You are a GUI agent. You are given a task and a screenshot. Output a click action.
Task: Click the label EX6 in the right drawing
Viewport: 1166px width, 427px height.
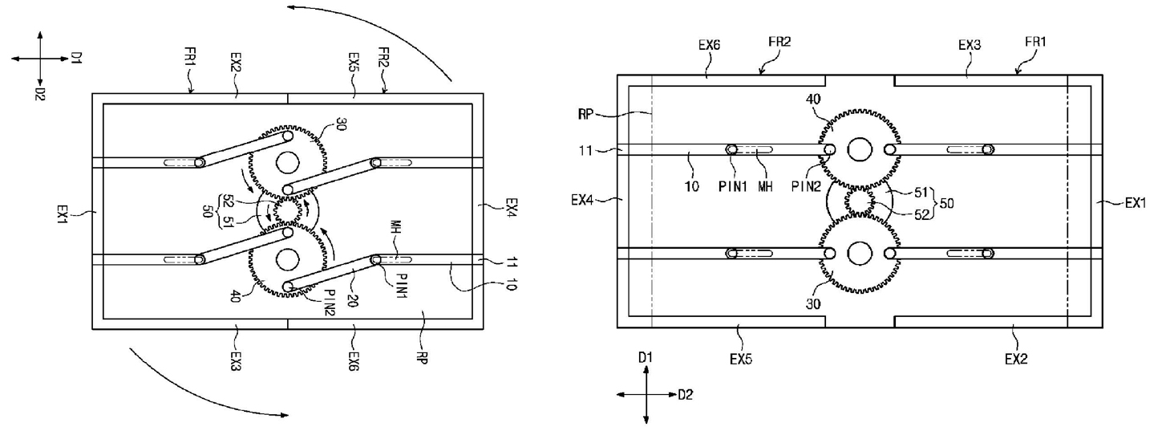[709, 45]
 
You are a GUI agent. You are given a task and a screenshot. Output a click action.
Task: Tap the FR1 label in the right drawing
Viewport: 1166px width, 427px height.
[1034, 42]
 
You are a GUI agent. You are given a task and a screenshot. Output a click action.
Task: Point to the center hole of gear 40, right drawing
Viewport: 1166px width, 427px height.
[860, 150]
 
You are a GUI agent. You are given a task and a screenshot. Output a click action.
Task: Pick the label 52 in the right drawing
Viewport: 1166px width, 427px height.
[921, 214]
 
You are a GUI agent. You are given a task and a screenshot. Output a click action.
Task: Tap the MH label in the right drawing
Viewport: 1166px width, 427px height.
[765, 186]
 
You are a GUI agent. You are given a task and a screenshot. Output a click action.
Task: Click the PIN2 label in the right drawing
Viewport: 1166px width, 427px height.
[806, 186]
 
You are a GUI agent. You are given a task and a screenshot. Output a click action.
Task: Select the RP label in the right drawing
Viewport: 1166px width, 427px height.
[585, 114]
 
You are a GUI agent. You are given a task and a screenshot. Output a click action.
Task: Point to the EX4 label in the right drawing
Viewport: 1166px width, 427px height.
[582, 199]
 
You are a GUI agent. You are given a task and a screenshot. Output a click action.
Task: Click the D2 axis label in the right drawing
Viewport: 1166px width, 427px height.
[685, 395]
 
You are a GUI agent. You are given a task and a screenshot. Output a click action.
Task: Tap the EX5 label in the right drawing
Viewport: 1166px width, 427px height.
[741, 359]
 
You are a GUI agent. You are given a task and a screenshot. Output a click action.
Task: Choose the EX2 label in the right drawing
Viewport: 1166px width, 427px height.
[1016, 359]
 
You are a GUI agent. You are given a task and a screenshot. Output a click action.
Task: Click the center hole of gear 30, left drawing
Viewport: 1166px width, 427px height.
[288, 163]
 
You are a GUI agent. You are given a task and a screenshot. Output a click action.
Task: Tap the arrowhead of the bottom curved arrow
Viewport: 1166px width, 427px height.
[284, 415]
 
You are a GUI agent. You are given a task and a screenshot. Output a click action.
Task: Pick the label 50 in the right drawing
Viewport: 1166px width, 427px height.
[946, 203]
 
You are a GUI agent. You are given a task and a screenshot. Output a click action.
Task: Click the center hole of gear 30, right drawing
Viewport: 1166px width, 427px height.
[860, 254]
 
